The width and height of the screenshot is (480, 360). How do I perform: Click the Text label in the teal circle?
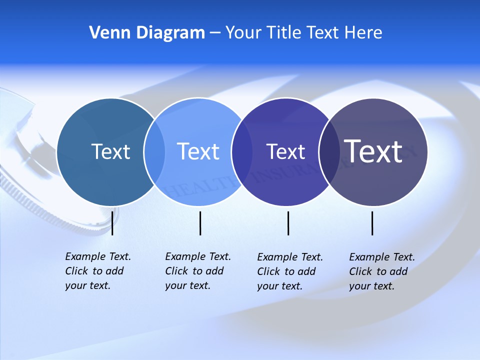tap(110, 151)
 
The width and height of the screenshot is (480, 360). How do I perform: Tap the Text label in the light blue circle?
tap(198, 151)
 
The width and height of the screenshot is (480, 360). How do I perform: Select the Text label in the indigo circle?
tap(285, 151)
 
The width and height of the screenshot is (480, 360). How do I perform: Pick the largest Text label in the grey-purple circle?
tap(373, 151)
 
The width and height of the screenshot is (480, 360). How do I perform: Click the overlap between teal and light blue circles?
tap(154, 152)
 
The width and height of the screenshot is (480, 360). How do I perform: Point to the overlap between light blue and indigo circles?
tap(241, 152)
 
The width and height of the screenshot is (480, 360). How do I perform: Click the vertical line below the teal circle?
tap(112, 223)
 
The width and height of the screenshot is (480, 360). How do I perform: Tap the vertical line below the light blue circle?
tap(200, 223)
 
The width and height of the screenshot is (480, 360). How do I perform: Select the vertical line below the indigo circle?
tap(288, 223)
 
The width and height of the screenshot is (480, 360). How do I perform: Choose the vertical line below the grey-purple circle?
tap(372, 223)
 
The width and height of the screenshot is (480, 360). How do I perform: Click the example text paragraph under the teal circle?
tap(97, 271)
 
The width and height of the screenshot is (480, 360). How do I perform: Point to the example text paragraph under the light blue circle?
tap(197, 271)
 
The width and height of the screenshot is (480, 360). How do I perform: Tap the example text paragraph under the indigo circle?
tap(289, 271)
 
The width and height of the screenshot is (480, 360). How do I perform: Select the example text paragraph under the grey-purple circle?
tap(381, 271)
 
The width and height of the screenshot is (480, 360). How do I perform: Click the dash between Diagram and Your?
tap(215, 33)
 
